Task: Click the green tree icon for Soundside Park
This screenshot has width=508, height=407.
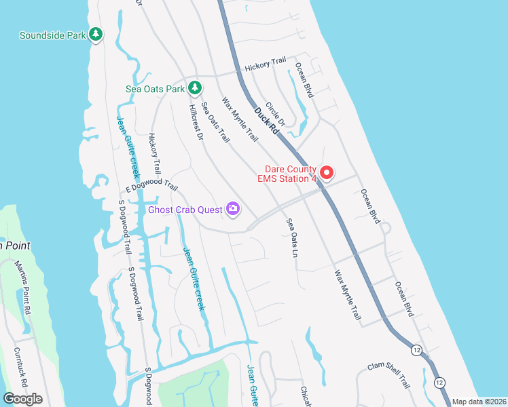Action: click(x=96, y=35)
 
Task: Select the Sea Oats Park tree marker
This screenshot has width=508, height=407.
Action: click(x=195, y=88)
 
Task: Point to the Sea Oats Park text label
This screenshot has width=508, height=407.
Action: click(x=156, y=89)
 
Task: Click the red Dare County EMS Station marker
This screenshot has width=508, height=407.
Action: click(x=326, y=173)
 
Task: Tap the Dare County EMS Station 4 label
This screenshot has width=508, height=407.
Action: click(x=286, y=174)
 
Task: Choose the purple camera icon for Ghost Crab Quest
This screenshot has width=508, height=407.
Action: click(x=233, y=209)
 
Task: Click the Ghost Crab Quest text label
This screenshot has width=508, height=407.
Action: click(x=185, y=210)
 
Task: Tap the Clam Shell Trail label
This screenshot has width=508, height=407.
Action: click(x=389, y=374)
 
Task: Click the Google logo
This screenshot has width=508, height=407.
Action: click(x=22, y=399)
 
